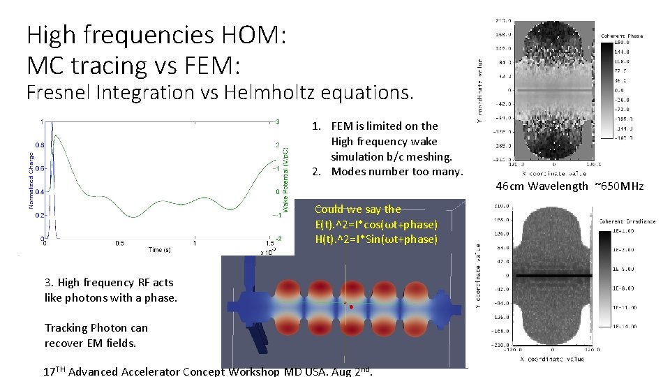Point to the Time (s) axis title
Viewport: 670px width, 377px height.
click(156, 249)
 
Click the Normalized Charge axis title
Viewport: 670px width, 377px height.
click(31, 180)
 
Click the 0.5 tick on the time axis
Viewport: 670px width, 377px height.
click(119, 244)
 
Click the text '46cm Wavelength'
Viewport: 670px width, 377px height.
click(542, 186)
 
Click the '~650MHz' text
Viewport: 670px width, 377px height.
click(618, 186)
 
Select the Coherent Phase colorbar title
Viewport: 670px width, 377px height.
click(621, 36)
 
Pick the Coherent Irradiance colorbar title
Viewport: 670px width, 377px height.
click(626, 221)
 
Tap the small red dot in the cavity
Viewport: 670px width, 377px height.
click(350, 306)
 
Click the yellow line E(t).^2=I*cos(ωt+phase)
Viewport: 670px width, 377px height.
click(376, 224)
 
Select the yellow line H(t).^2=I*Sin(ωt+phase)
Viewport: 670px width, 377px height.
click(376, 239)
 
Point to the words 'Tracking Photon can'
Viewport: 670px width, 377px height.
click(96, 327)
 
